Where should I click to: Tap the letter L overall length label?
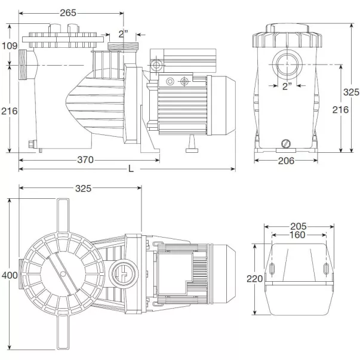tap(131, 169)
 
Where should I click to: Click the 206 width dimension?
tap(286, 161)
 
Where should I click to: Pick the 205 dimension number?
tap(298, 226)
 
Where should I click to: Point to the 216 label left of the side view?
tap(9, 111)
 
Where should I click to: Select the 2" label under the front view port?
tap(287, 86)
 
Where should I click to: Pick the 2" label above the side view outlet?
tap(123, 33)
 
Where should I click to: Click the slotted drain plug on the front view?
tap(285, 143)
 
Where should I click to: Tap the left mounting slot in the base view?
tap(272, 268)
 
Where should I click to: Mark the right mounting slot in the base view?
tap(325, 268)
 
